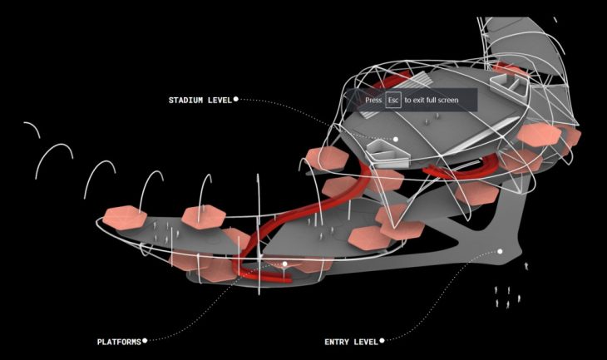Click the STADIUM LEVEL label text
(x=200, y=101)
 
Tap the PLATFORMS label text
(x=119, y=342)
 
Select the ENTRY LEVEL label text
(x=351, y=342)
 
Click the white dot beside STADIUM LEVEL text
(x=236, y=100)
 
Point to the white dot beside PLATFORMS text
(x=145, y=341)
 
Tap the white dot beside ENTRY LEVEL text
(x=382, y=341)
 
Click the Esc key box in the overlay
(x=393, y=100)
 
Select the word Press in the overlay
(x=373, y=100)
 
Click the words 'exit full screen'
(x=436, y=100)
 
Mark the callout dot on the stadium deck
(x=396, y=139)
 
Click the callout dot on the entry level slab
(x=500, y=251)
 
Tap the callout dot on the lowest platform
(x=285, y=264)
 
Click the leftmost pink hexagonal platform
(x=125, y=218)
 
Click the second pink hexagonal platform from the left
(x=203, y=217)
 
